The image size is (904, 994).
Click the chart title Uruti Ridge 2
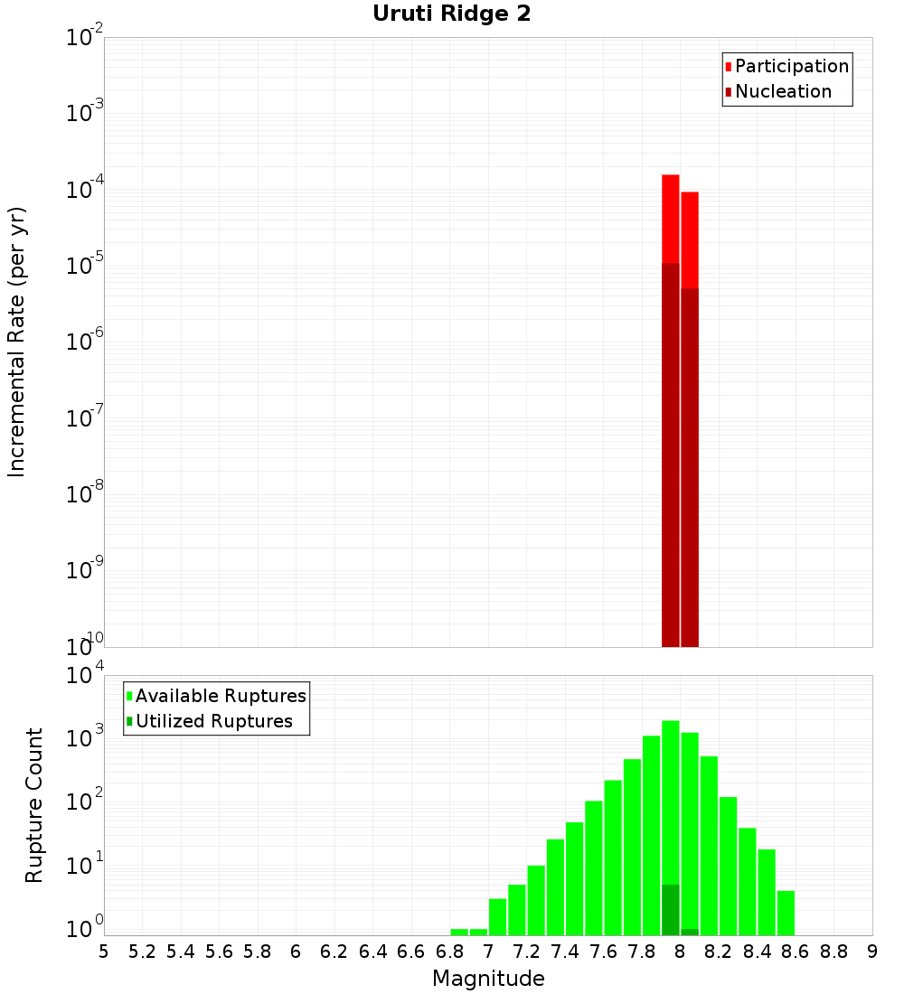(451, 14)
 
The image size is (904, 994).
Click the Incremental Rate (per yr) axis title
(17, 342)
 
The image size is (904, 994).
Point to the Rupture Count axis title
(34, 804)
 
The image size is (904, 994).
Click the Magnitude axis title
(488, 979)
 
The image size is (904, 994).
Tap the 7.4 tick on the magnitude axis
(565, 951)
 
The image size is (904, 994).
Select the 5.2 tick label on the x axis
(143, 951)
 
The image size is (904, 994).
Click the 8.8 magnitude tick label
(833, 951)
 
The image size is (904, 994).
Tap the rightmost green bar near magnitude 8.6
(786, 913)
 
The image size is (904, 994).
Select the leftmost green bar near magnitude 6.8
(459, 932)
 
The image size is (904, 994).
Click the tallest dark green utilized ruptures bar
(671, 910)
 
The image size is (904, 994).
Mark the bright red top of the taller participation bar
(671, 217)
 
